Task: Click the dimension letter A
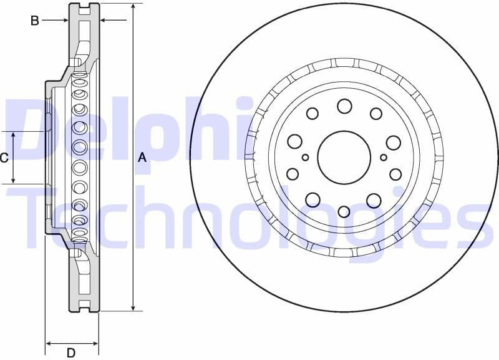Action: pyautogui.click(x=142, y=157)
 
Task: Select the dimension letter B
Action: pyautogui.click(x=35, y=21)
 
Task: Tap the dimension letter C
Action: pyautogui.click(x=4, y=158)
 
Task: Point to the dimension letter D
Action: pyautogui.click(x=71, y=353)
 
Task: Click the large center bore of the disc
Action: pyautogui.click(x=344, y=157)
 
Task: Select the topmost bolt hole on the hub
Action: pyautogui.click(x=344, y=106)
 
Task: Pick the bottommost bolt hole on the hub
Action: pyautogui.click(x=344, y=211)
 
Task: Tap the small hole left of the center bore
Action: pyautogui.click(x=305, y=157)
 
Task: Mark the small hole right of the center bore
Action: pyautogui.click(x=383, y=157)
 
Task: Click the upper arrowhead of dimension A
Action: pyautogui.click(x=133, y=7)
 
